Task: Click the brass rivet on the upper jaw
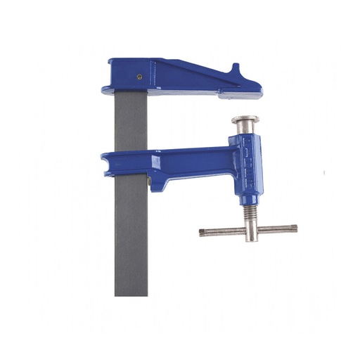pos(139,77)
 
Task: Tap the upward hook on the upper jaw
pos(236,70)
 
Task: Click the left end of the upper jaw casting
pos(106,89)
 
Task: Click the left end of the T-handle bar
pos(202,232)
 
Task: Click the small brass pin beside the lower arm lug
pos(150,184)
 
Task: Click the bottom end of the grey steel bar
pos(131,292)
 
